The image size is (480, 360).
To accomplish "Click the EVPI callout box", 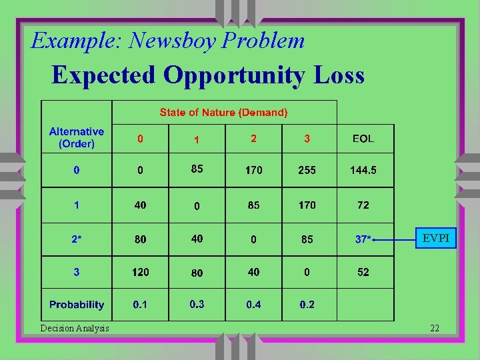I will tap(436, 238).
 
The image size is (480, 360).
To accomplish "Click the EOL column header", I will tap(363, 139).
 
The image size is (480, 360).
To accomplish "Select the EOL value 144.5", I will tap(363, 170).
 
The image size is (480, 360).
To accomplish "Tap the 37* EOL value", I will tap(363, 239).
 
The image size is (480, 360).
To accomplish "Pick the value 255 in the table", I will tap(307, 170).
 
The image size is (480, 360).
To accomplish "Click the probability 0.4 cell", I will tap(253, 305).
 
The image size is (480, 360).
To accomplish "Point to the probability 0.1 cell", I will tap(140, 305).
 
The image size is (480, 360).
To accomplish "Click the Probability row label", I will tap(77, 305).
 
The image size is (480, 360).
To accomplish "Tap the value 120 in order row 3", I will tap(140, 272).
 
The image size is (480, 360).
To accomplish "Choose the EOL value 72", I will tap(363, 205).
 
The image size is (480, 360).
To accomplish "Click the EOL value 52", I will tap(363, 272).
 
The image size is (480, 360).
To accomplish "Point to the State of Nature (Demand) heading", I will tap(223, 113).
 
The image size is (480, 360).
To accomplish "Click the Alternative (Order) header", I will tap(77, 137).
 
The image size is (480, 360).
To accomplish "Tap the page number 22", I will tap(434, 327).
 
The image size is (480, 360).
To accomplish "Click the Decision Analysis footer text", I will tap(75, 327).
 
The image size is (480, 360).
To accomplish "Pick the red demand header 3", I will tap(307, 139).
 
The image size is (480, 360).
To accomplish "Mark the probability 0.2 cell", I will tap(307, 305).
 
